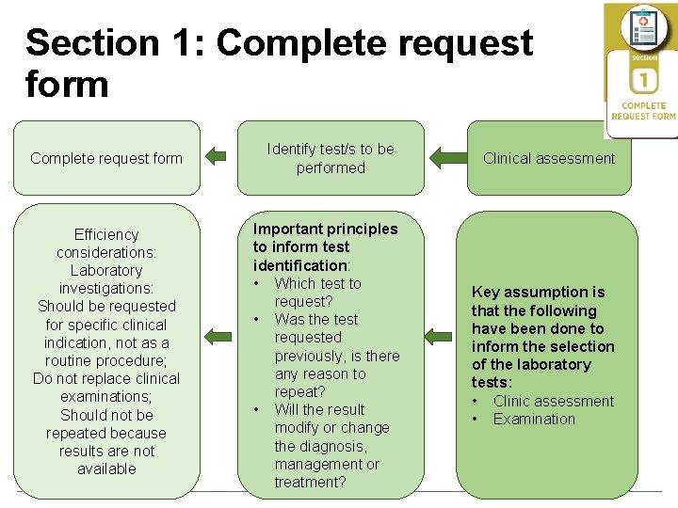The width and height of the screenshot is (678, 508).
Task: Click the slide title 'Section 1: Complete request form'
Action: (279, 63)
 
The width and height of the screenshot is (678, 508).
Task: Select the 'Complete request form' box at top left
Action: (106, 158)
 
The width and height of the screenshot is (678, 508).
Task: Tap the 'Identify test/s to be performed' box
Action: (331, 158)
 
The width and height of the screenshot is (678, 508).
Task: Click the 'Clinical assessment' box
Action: (549, 158)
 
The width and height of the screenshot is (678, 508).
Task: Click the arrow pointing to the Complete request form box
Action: (217, 157)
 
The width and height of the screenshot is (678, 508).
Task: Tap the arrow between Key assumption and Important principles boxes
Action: (439, 336)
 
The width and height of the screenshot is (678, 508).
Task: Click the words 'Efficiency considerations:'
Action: (106, 244)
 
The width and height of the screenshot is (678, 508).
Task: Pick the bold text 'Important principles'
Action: (325, 229)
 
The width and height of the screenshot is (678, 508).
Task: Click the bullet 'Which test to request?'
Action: (317, 292)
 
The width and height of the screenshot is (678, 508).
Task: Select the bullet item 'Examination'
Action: (534, 419)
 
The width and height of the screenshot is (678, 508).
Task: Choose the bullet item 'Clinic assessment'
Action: (554, 401)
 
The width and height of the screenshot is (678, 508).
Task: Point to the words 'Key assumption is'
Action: (538, 292)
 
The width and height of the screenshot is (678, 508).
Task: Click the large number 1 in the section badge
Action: (644, 81)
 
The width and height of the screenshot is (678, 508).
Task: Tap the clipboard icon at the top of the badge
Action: (644, 27)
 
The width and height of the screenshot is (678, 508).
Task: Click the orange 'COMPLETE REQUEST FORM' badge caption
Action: (643, 111)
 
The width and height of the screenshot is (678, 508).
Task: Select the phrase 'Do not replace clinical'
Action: (106, 378)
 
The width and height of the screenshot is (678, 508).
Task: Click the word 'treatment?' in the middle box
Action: (310, 482)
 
